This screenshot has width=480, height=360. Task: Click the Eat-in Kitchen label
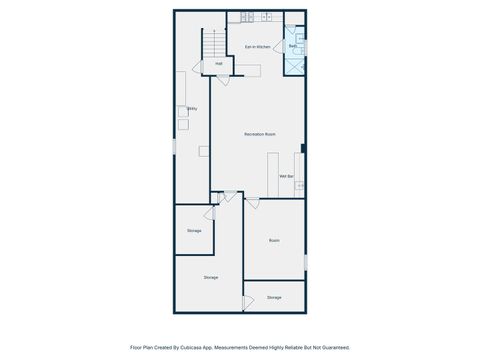coord(258,46)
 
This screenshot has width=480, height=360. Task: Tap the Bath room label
coord(293,46)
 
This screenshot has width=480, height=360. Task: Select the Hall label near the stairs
coord(219,64)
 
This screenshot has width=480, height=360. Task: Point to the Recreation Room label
coord(260,134)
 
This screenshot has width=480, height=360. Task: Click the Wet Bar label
coord(286,176)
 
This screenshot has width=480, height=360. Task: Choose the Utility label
coord(192,108)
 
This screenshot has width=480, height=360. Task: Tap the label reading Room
coord(274,241)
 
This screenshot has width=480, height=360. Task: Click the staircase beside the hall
coord(212,43)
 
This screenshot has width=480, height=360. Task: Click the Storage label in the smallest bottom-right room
coord(274,297)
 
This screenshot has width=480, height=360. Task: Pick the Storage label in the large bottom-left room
coord(211,277)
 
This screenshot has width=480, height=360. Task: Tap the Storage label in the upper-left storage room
coord(194,231)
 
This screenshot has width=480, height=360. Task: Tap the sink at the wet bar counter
coord(298,186)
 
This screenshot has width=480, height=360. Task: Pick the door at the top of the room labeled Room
coord(251,204)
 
